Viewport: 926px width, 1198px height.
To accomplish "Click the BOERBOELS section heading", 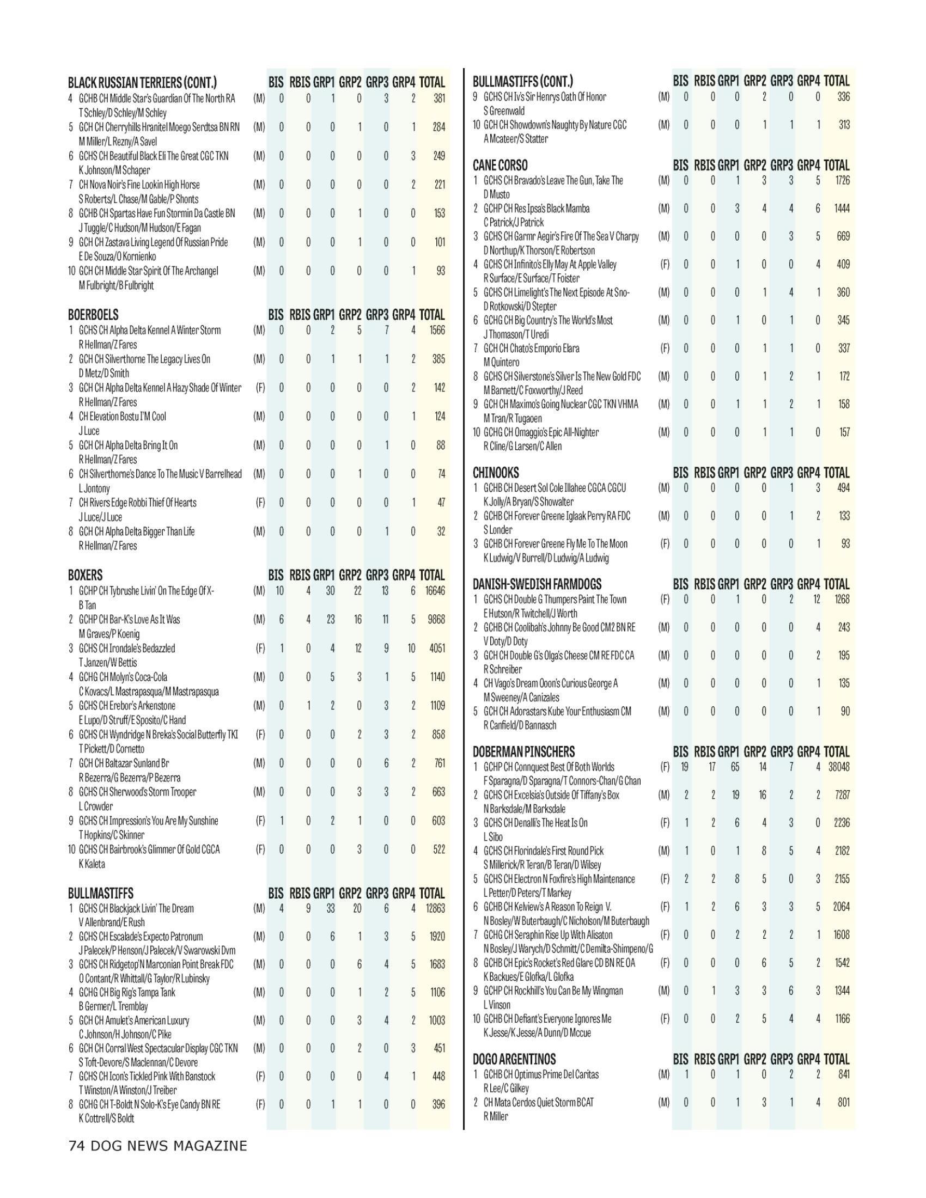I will click(x=93, y=315).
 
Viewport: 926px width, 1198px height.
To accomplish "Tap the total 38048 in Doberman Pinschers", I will click(x=838, y=767).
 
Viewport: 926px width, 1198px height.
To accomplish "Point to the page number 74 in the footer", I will click(x=76, y=1146).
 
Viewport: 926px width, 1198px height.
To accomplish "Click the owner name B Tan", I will click(x=87, y=605).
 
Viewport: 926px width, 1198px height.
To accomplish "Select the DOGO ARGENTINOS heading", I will click(x=514, y=1059).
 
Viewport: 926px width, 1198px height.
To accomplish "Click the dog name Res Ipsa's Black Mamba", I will click(x=536, y=209).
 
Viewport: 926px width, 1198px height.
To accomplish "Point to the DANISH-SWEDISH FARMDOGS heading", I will click(x=537, y=584).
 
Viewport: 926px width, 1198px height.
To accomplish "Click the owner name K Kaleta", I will click(x=92, y=864).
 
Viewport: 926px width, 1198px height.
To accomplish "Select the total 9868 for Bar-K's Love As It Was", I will click(x=436, y=619).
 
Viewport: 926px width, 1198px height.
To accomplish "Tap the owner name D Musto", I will click(x=496, y=194).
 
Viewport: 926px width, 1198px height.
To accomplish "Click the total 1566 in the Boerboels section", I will click(x=437, y=330).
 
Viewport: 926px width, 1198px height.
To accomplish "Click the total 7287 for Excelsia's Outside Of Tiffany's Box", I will click(x=842, y=795).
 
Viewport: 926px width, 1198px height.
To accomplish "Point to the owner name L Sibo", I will click(x=492, y=837).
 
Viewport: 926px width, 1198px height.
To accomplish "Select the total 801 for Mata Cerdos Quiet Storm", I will click(x=844, y=1102).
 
